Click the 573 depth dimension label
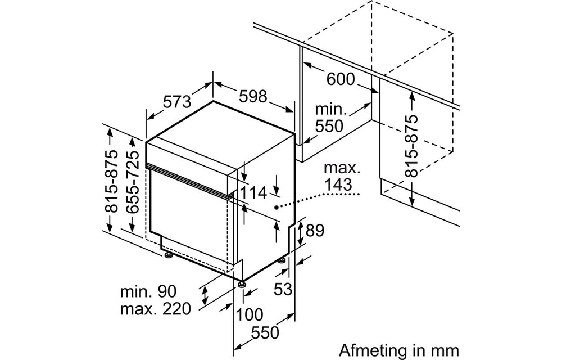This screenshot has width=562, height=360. (x=178, y=102)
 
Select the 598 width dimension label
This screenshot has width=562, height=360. (x=253, y=96)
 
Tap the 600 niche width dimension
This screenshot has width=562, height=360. (x=340, y=79)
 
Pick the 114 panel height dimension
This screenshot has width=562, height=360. (x=253, y=193)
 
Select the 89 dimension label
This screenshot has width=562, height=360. (x=315, y=231)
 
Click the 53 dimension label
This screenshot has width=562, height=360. (x=283, y=289)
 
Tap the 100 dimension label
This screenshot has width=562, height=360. (x=250, y=315)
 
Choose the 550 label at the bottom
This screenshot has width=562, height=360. (x=265, y=333)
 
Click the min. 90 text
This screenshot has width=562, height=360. (x=148, y=291)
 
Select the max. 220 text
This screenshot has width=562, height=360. (x=156, y=308)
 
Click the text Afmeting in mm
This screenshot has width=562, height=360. (x=398, y=350)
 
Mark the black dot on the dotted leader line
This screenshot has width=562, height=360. (x=277, y=207)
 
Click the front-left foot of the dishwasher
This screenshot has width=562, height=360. (x=168, y=255)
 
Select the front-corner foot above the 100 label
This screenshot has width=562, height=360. (x=242, y=285)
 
